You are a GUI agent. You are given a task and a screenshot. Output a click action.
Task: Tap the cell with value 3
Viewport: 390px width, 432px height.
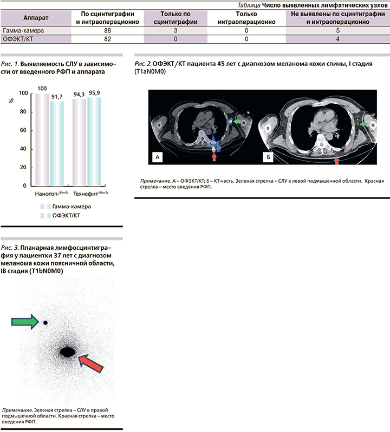click(175, 31)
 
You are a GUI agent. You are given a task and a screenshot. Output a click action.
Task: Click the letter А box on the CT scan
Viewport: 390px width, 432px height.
click(158, 157)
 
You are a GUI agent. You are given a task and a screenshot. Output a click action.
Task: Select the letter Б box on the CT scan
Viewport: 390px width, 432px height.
click(268, 157)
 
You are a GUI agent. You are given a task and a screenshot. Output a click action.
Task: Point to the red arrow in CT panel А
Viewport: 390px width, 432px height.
click(214, 156)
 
